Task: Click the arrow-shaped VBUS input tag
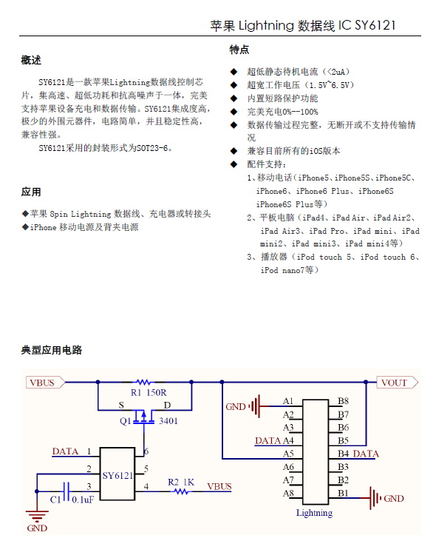46,383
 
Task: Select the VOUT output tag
397,383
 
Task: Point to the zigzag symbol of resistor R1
143,382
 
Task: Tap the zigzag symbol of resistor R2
182,491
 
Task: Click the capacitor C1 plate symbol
66,491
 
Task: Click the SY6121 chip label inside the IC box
117,475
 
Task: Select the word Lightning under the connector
314,513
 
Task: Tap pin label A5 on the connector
288,454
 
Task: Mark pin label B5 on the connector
343,440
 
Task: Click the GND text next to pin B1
394,498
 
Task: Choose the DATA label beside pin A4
268,440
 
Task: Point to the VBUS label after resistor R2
219,486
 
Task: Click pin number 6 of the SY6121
146,451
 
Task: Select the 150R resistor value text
157,392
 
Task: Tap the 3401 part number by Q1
168,421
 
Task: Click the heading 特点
239,50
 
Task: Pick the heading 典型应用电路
52,350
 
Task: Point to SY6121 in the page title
375,25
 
